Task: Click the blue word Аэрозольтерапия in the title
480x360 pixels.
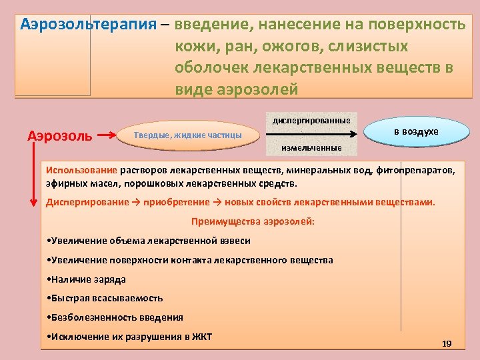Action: pos(88,25)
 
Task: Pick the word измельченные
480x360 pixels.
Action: pos(311,147)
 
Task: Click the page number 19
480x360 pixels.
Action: pos(447,343)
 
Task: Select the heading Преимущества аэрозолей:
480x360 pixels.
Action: pos(253,221)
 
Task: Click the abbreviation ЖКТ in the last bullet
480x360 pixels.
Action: pos(200,336)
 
